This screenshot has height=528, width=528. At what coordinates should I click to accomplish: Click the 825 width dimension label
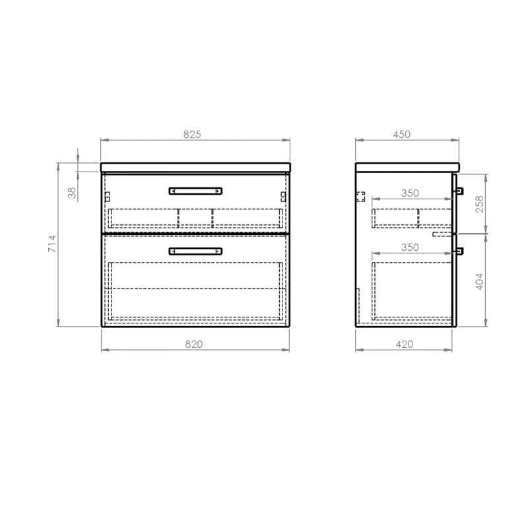pos(192,135)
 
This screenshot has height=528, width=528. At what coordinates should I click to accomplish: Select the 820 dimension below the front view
pos(194,344)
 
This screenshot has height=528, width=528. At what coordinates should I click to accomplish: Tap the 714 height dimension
pos(52,244)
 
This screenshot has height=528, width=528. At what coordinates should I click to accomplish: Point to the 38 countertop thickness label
pos(72,193)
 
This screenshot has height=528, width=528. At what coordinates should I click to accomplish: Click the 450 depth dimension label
pos(402,135)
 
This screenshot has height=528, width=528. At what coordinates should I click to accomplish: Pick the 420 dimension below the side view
pos(405,344)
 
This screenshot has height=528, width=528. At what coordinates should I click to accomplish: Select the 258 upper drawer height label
pos(479,204)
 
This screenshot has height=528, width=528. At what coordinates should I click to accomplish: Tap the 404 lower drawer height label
pos(479,282)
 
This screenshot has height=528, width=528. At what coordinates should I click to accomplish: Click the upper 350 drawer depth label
pos(410,193)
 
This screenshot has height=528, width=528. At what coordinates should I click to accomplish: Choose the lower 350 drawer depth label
pos(410,247)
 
